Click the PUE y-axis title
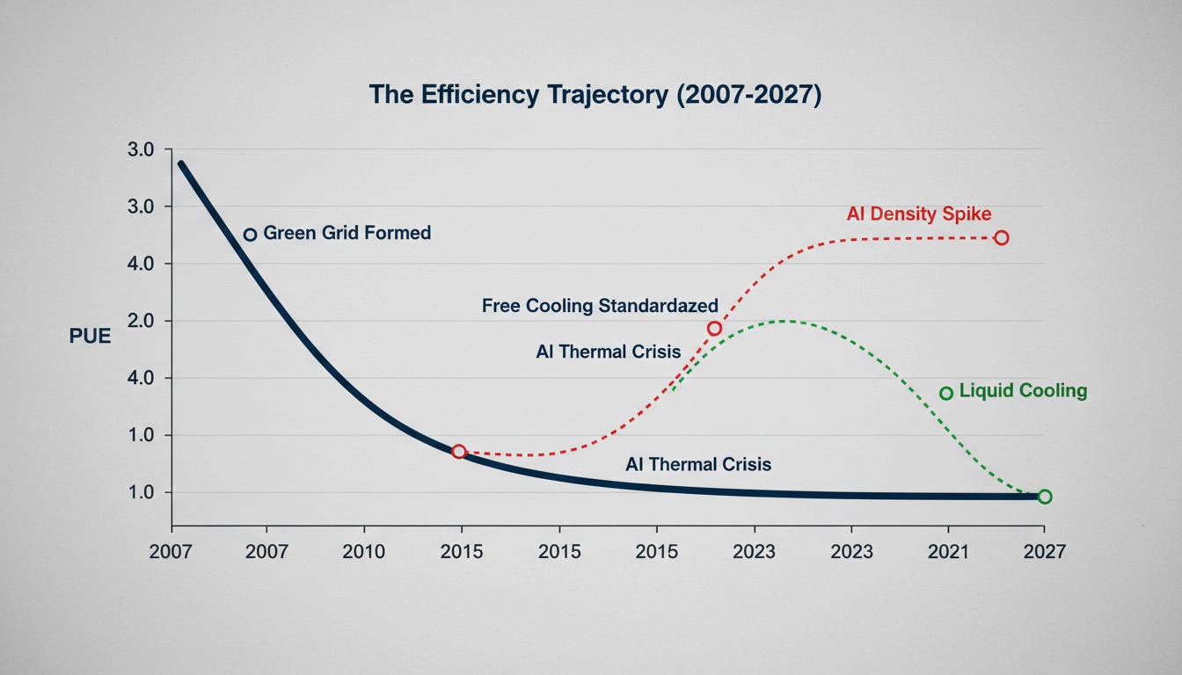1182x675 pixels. tap(90, 336)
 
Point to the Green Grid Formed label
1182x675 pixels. tap(347, 234)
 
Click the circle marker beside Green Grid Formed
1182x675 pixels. tap(250, 235)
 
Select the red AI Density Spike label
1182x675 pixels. tap(919, 214)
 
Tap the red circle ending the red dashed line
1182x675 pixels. tap(1001, 238)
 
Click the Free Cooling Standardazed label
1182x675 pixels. tap(600, 306)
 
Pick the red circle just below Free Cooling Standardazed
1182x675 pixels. tap(714, 329)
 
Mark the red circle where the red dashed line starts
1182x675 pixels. tap(458, 452)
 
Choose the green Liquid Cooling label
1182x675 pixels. tap(1023, 391)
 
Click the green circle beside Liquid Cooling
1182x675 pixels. tap(946, 393)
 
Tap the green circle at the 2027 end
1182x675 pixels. tap(1044, 497)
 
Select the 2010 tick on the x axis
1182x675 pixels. tap(363, 552)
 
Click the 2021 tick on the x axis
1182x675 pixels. tap(948, 552)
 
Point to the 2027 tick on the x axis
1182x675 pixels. tap(1045, 552)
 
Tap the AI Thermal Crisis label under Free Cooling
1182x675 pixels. tap(609, 352)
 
